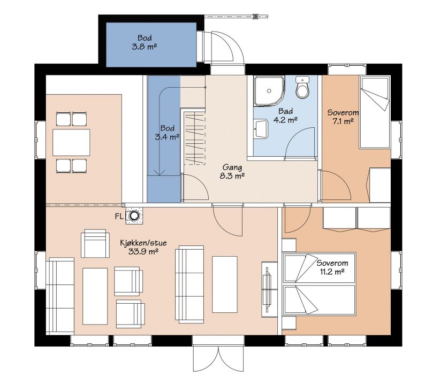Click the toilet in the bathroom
tap(302, 87)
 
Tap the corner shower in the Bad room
tap(269, 91)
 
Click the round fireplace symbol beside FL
tap(134, 215)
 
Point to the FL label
tap(119, 216)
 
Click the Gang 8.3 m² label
tap(232, 172)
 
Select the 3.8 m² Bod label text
tap(145, 42)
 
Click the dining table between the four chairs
tap(71, 142)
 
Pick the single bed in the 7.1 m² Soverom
tap(375, 113)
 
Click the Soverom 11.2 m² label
tap(332, 267)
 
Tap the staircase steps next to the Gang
tap(195, 138)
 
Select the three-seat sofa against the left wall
tap(60, 295)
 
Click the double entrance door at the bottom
tap(218, 357)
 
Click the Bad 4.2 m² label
tap(285, 115)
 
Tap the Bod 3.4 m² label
tap(167, 133)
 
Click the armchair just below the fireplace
tap(95, 243)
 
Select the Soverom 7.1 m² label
tap(343, 117)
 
